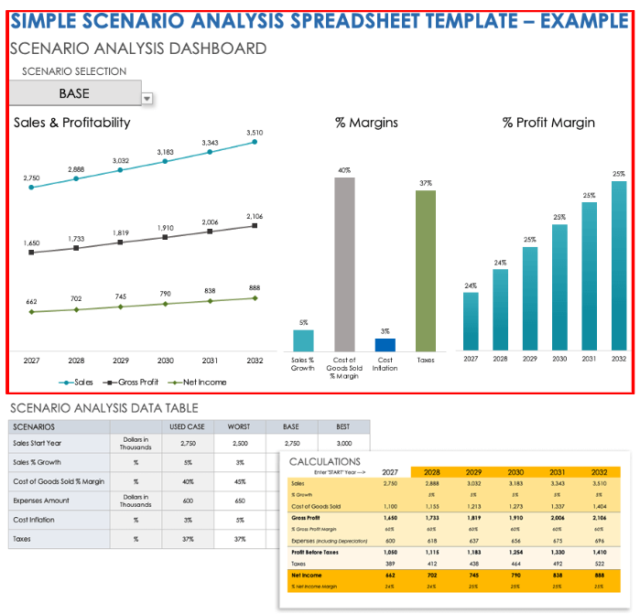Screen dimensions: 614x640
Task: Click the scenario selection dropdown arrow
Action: click(x=146, y=99)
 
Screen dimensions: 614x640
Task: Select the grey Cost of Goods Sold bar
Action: click(x=344, y=264)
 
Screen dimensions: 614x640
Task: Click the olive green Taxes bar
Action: click(x=426, y=271)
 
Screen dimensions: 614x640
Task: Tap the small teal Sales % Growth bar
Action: click(x=303, y=340)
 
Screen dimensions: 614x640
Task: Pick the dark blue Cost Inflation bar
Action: click(x=385, y=345)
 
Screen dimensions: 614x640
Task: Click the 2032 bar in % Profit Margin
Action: click(x=619, y=265)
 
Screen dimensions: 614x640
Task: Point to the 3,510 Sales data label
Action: click(x=255, y=133)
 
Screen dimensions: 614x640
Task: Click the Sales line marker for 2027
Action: click(x=32, y=187)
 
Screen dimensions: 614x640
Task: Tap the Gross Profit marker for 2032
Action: click(x=255, y=225)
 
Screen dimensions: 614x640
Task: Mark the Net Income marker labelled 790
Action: click(x=166, y=304)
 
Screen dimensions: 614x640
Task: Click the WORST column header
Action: click(x=240, y=426)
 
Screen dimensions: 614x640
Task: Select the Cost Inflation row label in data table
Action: click(x=38, y=520)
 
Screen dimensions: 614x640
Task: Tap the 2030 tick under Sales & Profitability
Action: click(x=166, y=361)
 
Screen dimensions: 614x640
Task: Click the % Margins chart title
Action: click(x=366, y=123)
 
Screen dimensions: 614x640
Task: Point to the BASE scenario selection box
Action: click(x=74, y=93)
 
